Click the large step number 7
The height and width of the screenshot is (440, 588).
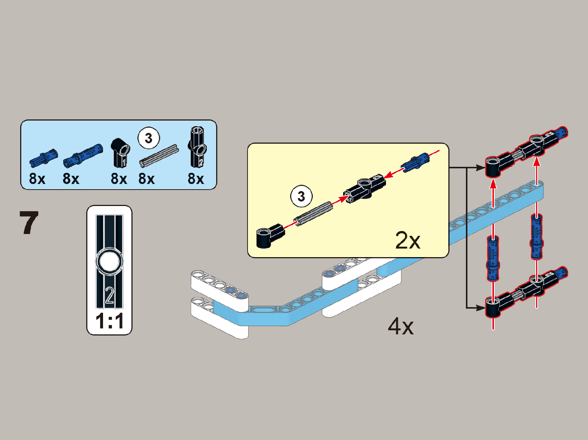point(29,223)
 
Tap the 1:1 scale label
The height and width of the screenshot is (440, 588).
point(109,321)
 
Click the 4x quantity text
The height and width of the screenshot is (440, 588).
point(401,326)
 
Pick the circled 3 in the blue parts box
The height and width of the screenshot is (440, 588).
point(149,138)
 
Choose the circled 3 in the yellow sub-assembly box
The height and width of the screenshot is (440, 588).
point(301,196)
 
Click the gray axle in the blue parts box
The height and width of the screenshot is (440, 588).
point(159,155)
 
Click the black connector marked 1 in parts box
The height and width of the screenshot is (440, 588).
point(121,152)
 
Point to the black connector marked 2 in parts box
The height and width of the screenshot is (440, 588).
point(197,147)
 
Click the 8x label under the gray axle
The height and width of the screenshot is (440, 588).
point(146,179)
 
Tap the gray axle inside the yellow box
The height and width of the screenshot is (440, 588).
point(313,213)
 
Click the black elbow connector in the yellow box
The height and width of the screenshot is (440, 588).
point(270,235)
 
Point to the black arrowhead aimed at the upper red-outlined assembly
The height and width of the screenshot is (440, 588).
point(480,168)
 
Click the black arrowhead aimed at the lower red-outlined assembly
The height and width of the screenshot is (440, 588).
point(480,308)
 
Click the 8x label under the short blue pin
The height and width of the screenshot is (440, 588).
point(37,179)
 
